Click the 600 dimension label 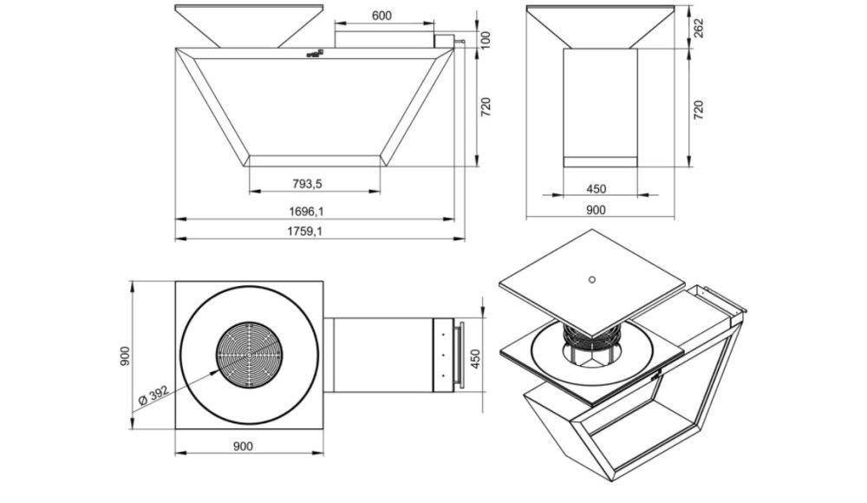(381, 16)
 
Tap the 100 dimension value (486, 40)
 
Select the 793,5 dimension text (307, 184)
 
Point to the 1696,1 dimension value (306, 212)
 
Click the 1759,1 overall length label (304, 232)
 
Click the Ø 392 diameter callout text (153, 395)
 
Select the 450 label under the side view (596, 189)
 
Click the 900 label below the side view (596, 210)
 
